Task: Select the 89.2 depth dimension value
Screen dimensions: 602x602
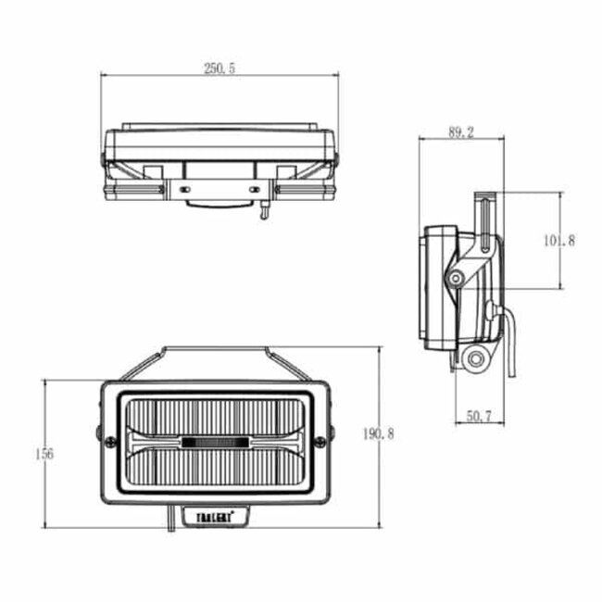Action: coord(460,132)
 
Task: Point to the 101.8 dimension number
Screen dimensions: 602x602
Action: coord(559,241)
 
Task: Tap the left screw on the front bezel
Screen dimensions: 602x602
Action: coord(99,432)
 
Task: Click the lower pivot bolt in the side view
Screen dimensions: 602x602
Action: coord(477,358)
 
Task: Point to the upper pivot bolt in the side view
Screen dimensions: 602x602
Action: coord(456,278)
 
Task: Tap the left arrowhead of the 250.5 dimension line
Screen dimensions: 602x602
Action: coord(105,76)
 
